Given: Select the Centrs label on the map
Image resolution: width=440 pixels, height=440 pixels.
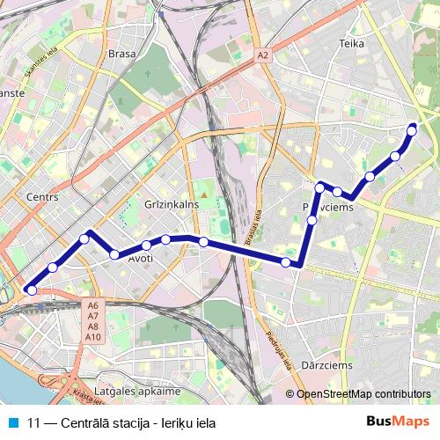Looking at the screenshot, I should pyautogui.click(x=42, y=197).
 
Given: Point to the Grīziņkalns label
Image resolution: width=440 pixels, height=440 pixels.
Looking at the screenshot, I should pyautogui.click(x=172, y=204).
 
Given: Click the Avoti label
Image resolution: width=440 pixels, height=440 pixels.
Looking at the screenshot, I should pyautogui.click(x=140, y=259).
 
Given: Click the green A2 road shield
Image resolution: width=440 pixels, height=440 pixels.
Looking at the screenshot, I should pyautogui.click(x=262, y=55).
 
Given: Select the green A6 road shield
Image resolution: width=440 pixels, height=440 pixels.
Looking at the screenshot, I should pyautogui.click(x=93, y=306).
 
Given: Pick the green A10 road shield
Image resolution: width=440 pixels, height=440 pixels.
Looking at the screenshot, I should pyautogui.click(x=93, y=337).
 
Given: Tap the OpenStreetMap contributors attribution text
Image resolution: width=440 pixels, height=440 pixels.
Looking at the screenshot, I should pyautogui.click(x=363, y=394).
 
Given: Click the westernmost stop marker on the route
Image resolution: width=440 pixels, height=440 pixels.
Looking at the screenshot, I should pyautogui.click(x=31, y=290).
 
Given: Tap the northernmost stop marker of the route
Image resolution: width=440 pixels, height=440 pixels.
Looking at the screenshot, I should pyautogui.click(x=411, y=130).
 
